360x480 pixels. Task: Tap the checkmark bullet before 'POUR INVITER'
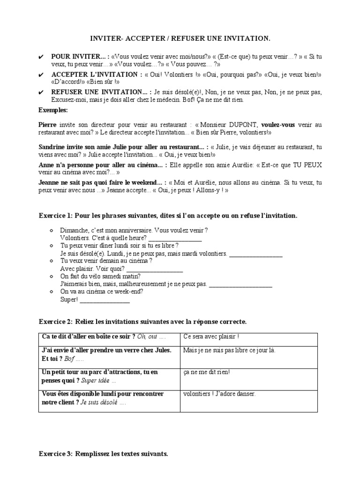point(41,57)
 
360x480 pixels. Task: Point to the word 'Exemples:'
point(53,110)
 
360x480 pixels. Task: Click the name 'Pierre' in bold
point(47,125)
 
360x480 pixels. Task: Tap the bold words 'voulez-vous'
point(278,125)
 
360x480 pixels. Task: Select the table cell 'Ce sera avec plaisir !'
point(211,337)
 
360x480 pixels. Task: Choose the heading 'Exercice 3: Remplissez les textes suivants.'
point(103,454)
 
